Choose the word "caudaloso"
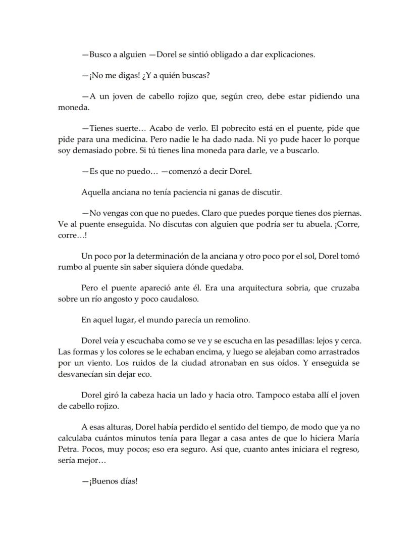pyautogui.click(x=177, y=299)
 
